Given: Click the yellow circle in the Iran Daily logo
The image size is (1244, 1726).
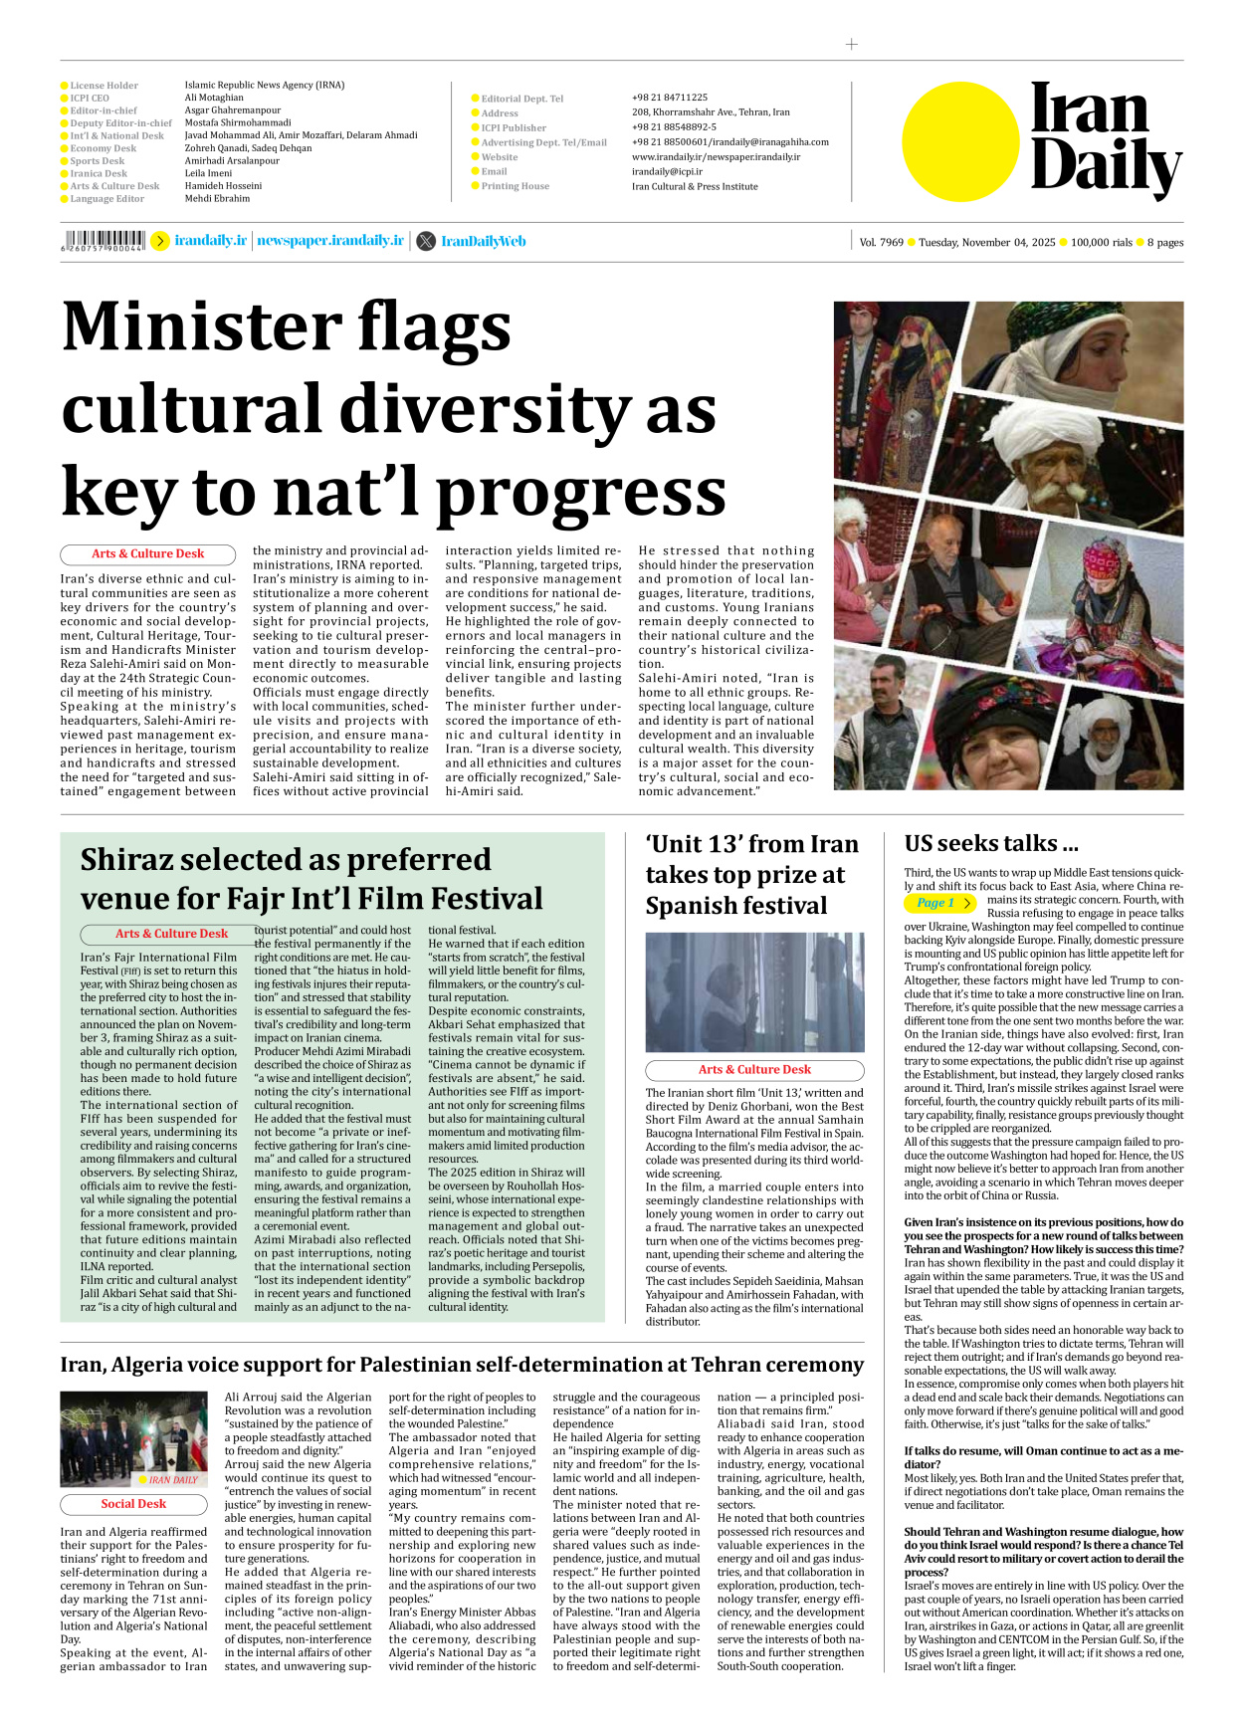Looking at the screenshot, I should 960,141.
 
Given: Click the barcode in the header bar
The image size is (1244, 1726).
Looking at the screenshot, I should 103,240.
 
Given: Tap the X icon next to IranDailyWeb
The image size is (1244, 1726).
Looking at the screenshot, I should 426,241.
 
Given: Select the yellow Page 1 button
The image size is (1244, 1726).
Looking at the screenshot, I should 939,903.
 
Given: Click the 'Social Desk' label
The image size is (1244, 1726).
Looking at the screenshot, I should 133,1504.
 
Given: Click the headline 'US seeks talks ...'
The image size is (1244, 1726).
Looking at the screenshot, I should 990,843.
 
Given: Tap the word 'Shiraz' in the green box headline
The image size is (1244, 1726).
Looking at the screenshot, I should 139,859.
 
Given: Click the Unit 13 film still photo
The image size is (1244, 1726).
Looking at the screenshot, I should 754,992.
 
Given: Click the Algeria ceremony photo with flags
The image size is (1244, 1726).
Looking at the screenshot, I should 133,1439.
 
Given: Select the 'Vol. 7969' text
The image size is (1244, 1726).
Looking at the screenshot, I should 881,242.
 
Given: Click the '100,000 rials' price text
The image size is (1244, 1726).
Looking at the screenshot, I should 1101,242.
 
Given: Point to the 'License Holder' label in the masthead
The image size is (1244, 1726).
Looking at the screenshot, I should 104,86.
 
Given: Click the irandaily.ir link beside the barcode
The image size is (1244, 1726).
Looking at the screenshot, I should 210,241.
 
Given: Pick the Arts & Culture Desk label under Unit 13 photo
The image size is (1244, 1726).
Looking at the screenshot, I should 754,1070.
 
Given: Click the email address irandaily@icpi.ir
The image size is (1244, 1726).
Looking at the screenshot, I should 667,171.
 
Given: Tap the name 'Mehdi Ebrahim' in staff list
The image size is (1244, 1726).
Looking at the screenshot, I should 217,198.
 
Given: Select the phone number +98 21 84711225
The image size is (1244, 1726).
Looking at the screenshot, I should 669,98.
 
